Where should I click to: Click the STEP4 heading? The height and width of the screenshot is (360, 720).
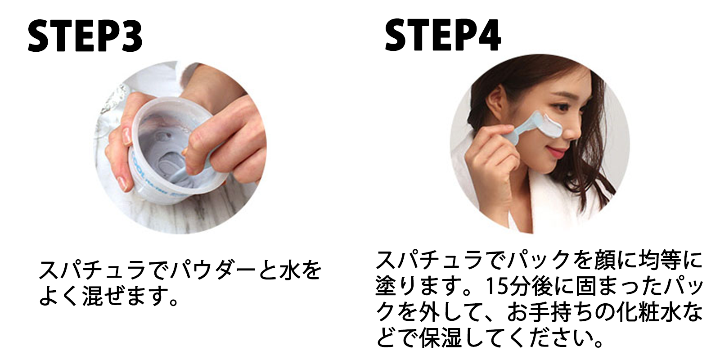tap(443, 36)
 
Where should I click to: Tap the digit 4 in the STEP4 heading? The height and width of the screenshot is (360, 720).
tap(490, 36)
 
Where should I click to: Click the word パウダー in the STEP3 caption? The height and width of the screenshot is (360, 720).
tap(216, 270)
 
